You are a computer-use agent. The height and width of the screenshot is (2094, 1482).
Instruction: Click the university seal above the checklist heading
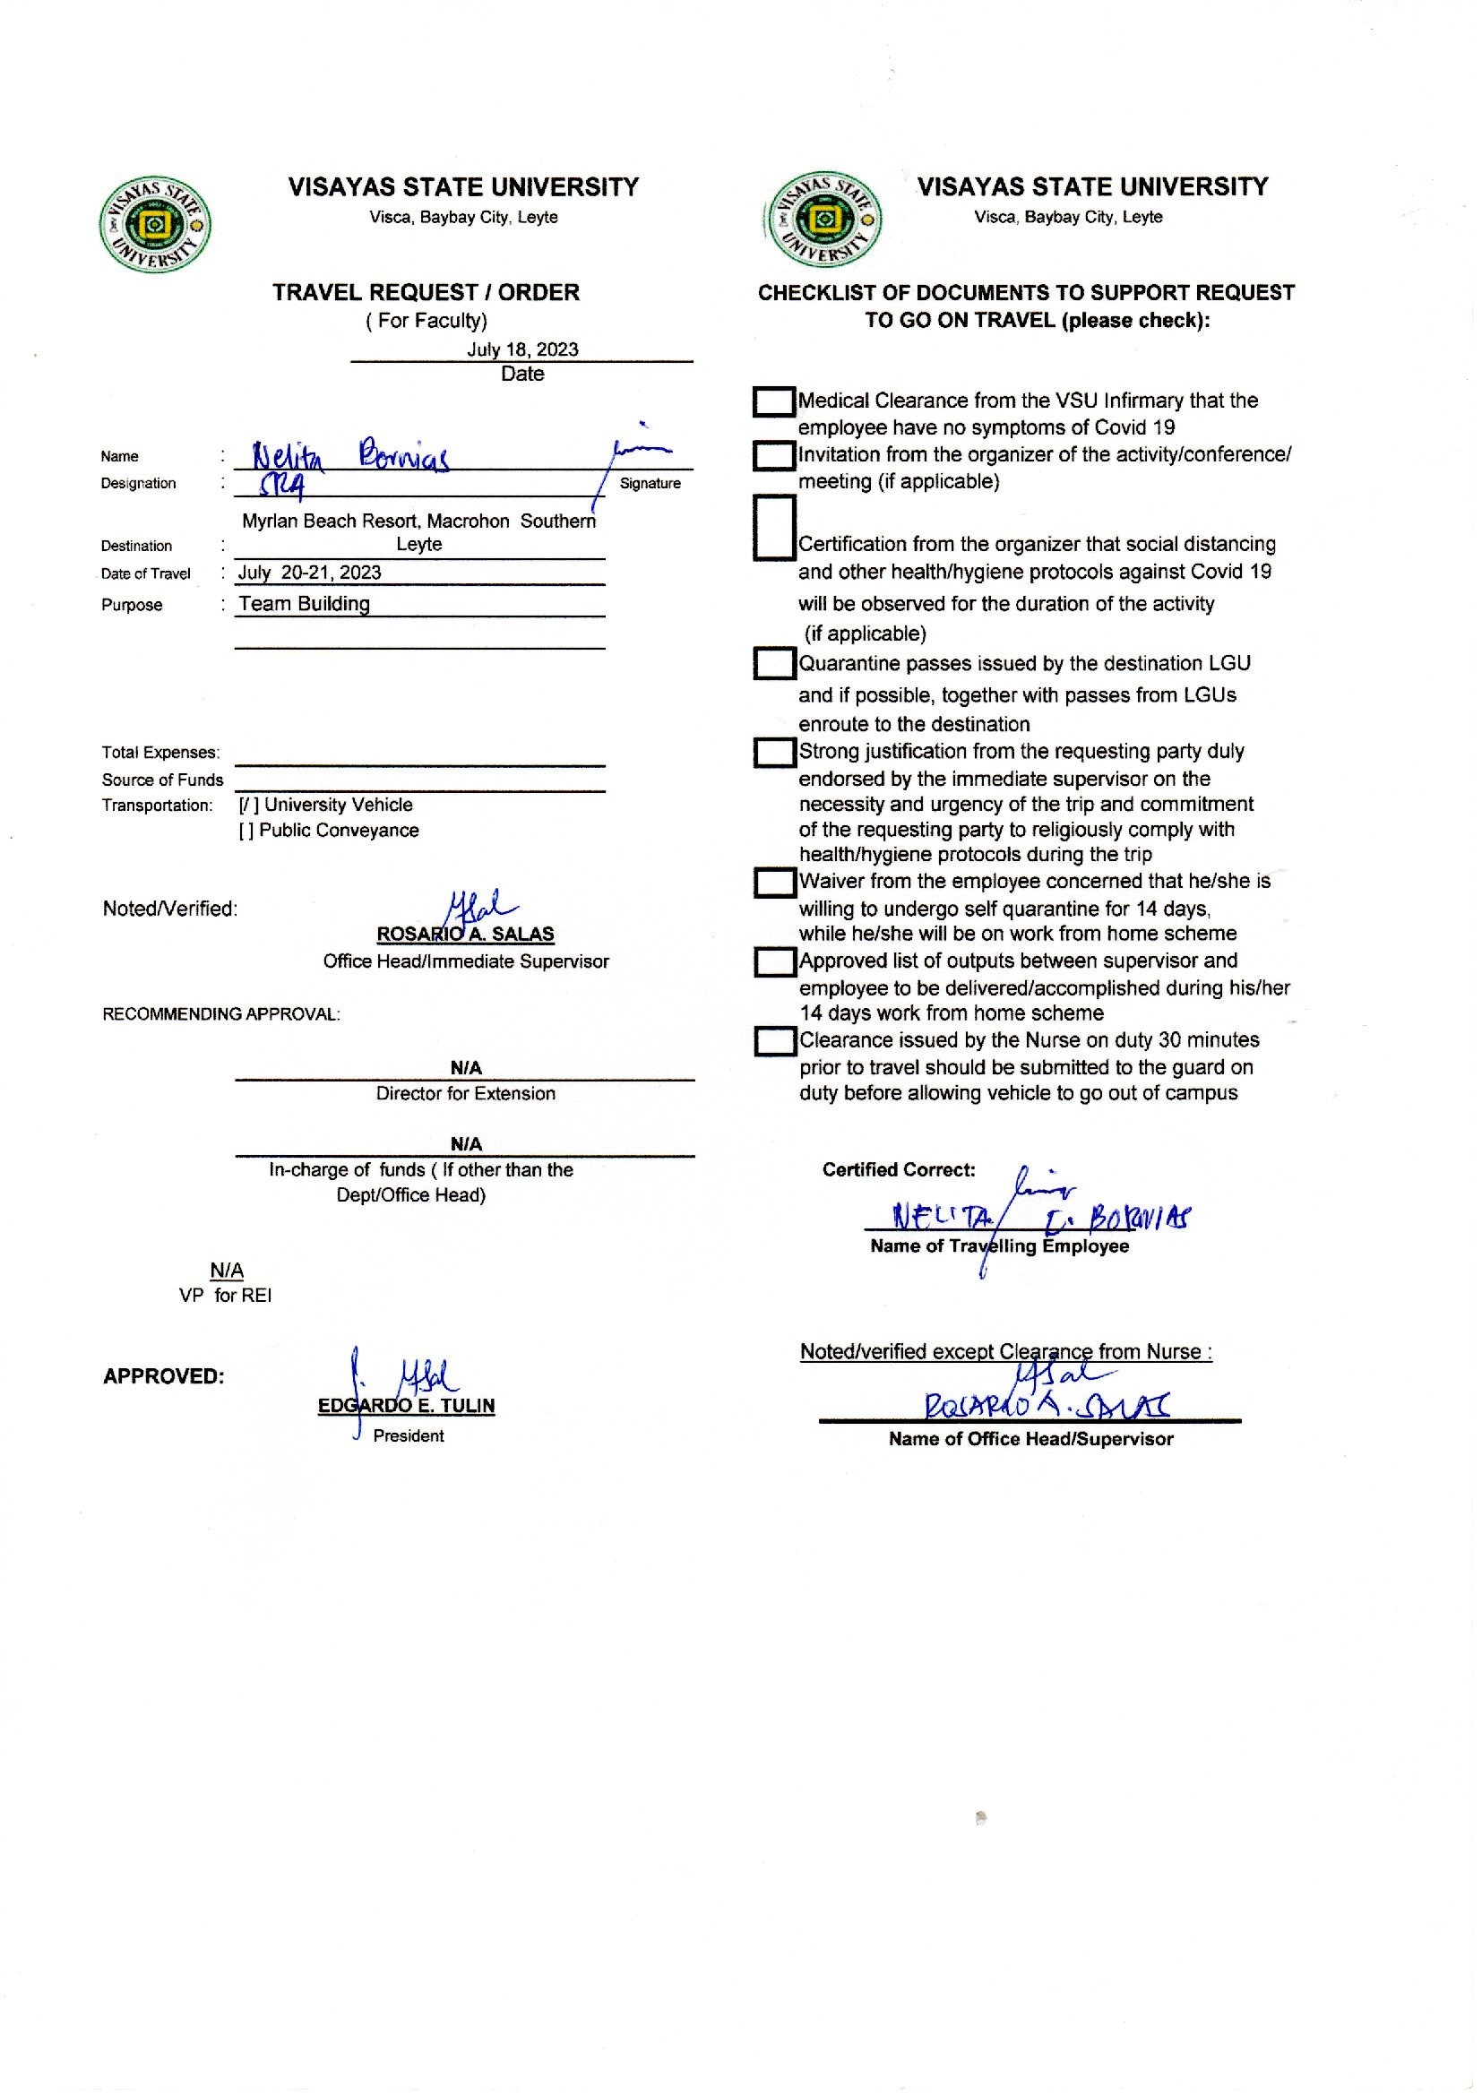[x=824, y=220]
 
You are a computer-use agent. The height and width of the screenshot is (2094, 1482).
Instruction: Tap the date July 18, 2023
[x=522, y=349]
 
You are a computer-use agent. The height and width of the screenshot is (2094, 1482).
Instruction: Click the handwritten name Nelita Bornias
[x=350, y=455]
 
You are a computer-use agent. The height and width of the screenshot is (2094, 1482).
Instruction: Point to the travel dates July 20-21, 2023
[x=309, y=573]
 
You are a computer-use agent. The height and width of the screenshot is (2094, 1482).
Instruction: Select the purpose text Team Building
[x=304, y=604]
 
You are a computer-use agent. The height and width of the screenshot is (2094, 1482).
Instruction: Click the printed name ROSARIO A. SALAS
[x=465, y=935]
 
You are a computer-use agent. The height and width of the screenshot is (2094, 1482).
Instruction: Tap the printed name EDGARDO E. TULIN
[x=406, y=1406]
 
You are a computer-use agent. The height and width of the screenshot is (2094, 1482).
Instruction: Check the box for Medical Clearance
[x=774, y=402]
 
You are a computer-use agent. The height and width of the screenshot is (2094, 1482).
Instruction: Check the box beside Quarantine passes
[x=774, y=664]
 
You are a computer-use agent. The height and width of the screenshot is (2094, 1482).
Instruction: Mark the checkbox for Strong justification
[x=774, y=753]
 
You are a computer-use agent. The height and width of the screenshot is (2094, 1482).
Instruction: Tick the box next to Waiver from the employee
[x=774, y=883]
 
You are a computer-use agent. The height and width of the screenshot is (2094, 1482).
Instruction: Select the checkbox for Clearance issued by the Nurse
[x=775, y=1042]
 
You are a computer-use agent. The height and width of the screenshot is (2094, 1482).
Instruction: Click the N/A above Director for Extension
[x=465, y=1067]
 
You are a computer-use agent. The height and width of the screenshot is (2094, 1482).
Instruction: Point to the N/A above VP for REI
[x=227, y=1270]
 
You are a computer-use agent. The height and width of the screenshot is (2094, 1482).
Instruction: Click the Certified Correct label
[x=898, y=1169]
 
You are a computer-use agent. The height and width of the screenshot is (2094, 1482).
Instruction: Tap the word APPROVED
[x=163, y=1376]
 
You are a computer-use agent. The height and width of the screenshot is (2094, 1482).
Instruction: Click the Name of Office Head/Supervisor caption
[x=1030, y=1439]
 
